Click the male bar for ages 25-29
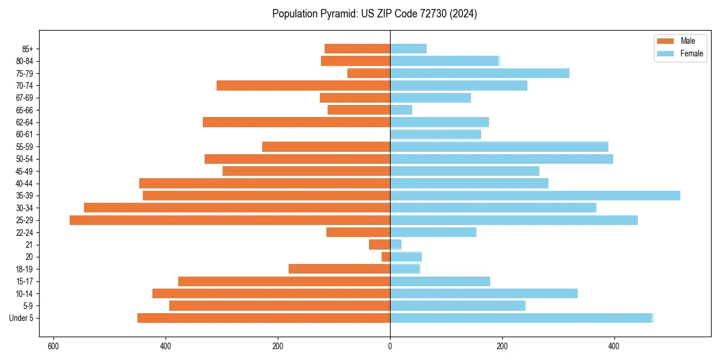tap(230, 220)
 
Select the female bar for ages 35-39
tap(535, 196)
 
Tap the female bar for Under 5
tap(521, 318)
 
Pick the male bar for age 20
tap(386, 257)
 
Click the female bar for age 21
tap(396, 245)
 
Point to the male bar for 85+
tap(358, 49)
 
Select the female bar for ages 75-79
tap(479, 73)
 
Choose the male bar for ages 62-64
tap(296, 122)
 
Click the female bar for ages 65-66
tap(401, 110)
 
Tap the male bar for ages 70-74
tap(303, 86)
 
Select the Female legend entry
tap(678, 53)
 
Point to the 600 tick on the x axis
tap(53, 346)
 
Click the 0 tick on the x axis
tap(390, 346)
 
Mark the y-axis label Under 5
tap(21, 318)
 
